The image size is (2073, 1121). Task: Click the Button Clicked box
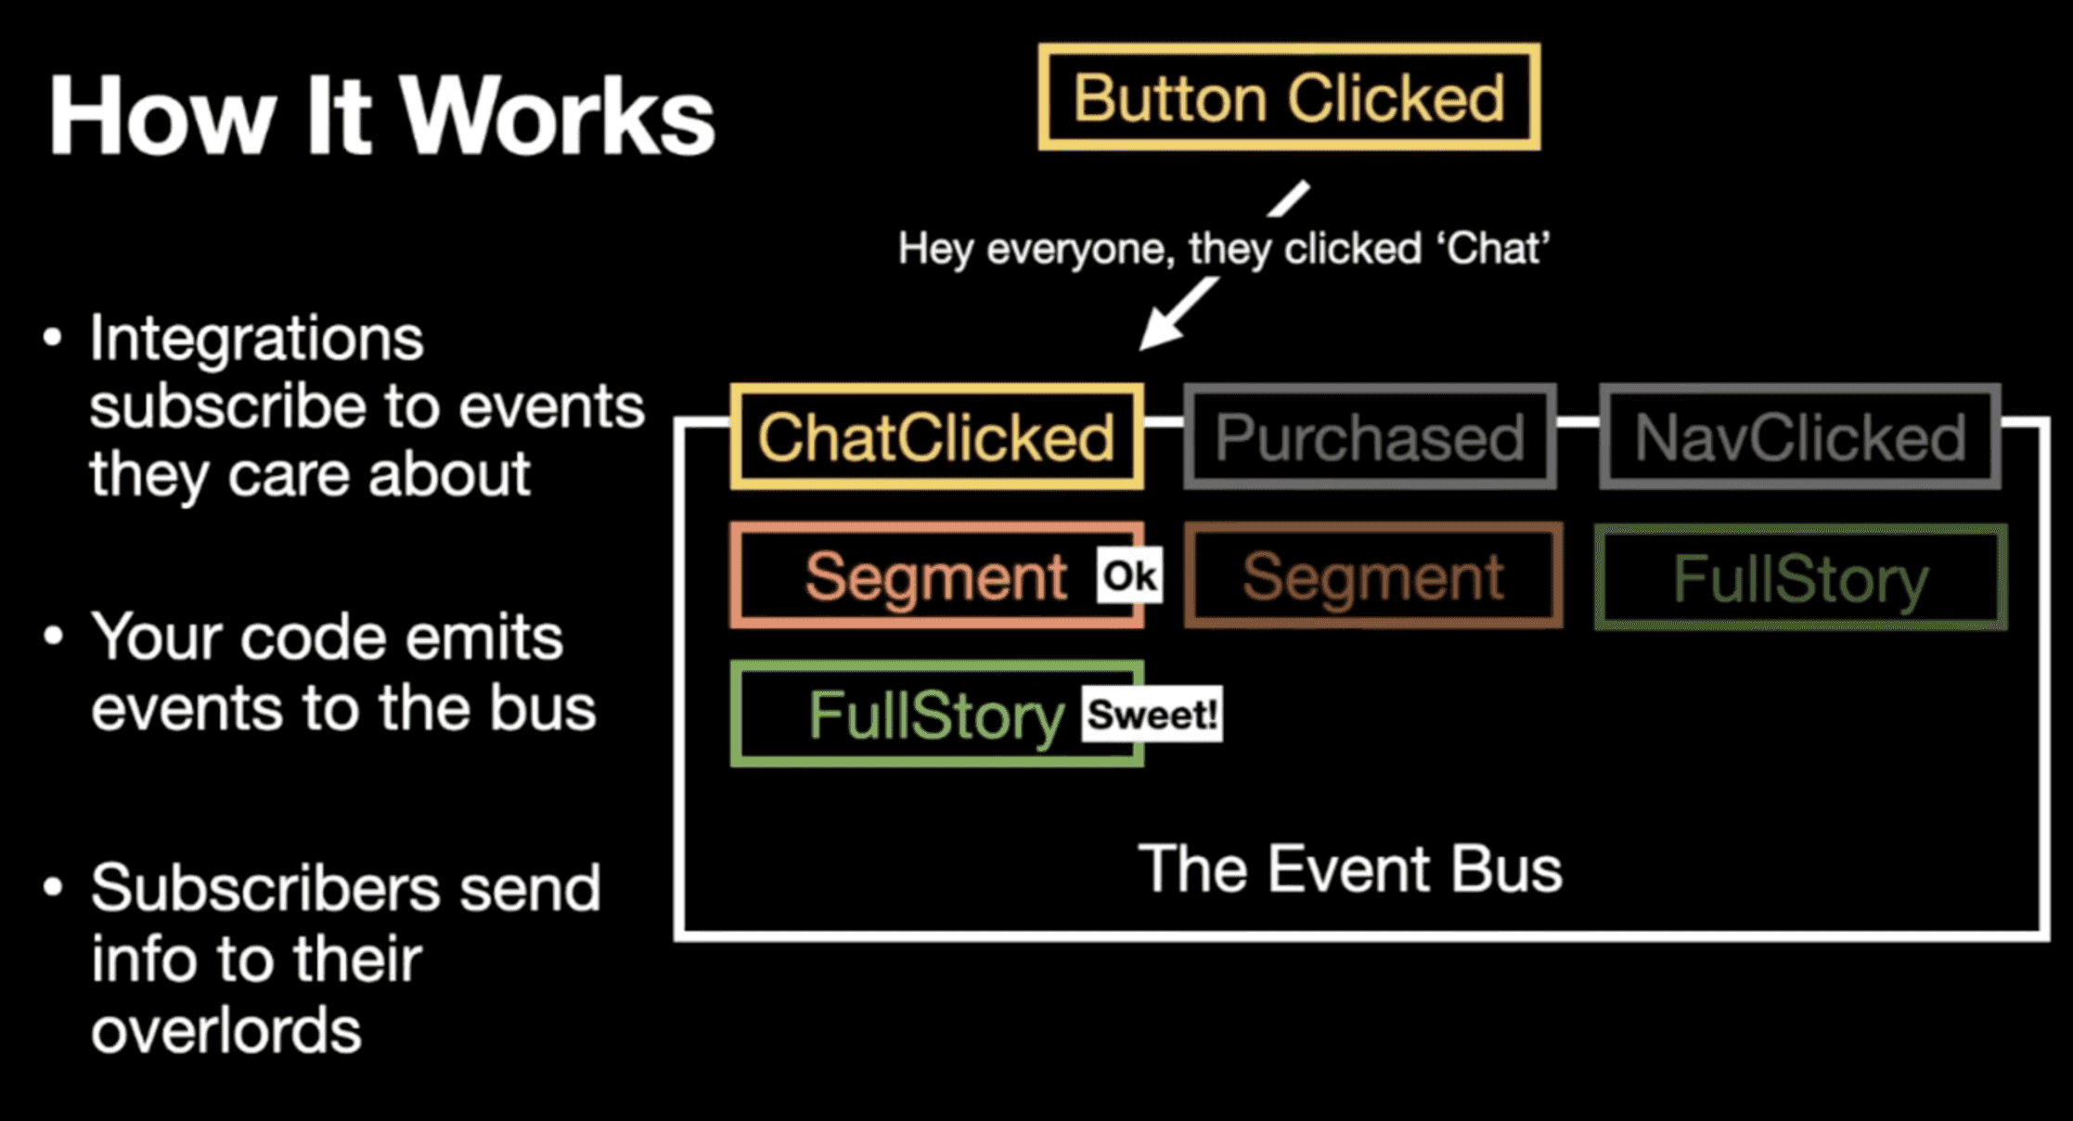[x=1289, y=97]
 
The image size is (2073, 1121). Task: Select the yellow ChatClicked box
[x=936, y=437]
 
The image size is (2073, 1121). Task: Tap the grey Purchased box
[x=1370, y=437]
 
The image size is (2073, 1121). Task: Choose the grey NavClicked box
[x=1799, y=437]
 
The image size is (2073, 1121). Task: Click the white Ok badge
[x=1129, y=576]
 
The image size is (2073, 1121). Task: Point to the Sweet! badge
[x=1152, y=715]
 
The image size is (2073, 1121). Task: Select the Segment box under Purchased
[x=1373, y=576]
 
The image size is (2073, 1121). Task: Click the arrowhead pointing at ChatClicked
[x=1158, y=333]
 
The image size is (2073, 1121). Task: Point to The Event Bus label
[x=1350, y=870]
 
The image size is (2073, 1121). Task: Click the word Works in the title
[x=558, y=116]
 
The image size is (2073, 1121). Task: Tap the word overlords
[x=225, y=1030]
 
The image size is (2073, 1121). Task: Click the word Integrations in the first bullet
[x=256, y=338]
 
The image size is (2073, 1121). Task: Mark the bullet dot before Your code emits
[x=53, y=637]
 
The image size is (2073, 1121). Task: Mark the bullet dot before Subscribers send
[x=53, y=887]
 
